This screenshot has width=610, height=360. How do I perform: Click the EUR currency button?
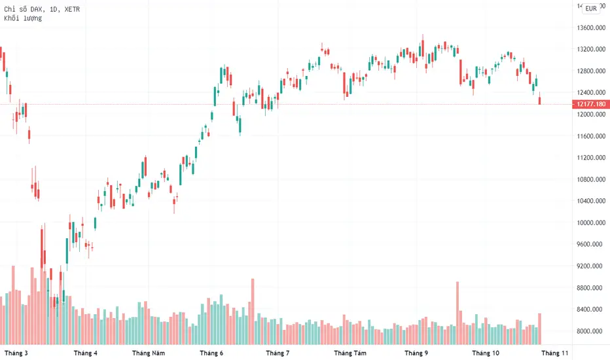pyautogui.click(x=591, y=9)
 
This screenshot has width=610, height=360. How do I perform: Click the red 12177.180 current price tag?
pyautogui.click(x=590, y=104)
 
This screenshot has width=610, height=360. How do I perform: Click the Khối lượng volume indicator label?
pyautogui.click(x=23, y=18)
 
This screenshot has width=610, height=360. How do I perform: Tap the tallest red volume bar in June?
pyautogui.click(x=252, y=312)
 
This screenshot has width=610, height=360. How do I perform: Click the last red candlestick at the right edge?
pyautogui.click(x=540, y=101)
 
